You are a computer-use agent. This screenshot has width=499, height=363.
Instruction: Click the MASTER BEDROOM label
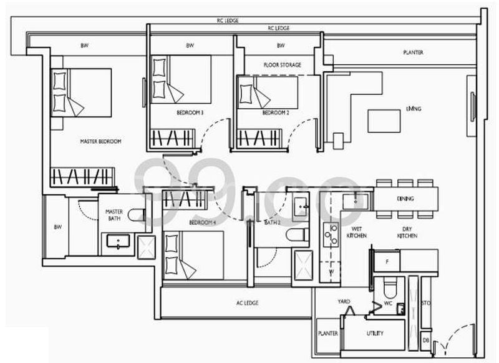click(100, 142)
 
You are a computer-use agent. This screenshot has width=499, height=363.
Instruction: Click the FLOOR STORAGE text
click(282, 65)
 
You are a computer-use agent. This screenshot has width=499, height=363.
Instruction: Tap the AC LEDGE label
click(248, 303)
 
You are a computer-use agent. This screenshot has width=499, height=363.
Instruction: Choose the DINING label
click(405, 199)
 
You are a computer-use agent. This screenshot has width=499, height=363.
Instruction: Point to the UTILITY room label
click(375, 333)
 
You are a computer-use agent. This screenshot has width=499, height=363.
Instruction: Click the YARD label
click(344, 301)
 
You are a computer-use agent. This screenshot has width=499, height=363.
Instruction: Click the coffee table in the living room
click(384, 120)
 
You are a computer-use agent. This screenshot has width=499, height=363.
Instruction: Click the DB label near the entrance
click(425, 341)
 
